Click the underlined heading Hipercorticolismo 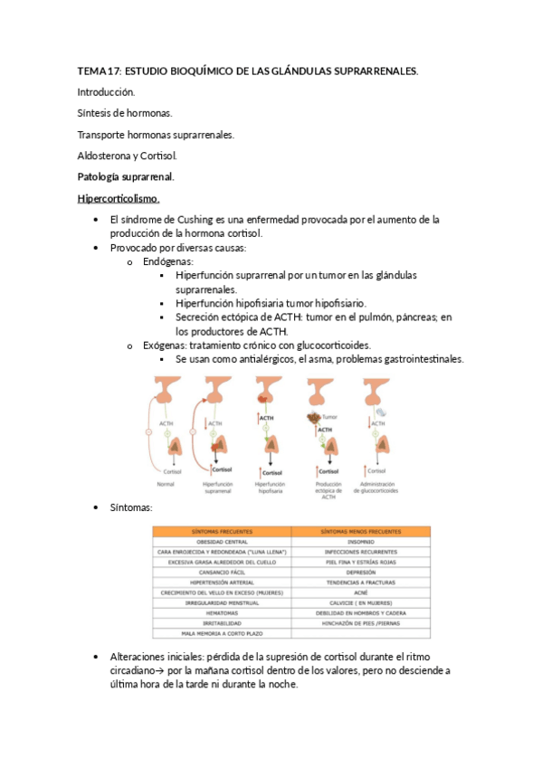(119, 198)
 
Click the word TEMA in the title (92, 71)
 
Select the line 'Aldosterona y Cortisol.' (126, 156)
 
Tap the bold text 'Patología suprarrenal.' (126, 176)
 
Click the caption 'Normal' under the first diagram (166, 485)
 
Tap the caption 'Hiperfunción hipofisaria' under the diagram (271, 488)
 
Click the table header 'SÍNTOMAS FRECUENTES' (222, 531)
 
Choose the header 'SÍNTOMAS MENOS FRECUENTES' (360, 531)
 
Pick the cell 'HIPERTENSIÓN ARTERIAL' (222, 582)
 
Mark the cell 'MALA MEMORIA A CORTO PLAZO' (222, 634)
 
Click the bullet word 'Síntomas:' (130, 509)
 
